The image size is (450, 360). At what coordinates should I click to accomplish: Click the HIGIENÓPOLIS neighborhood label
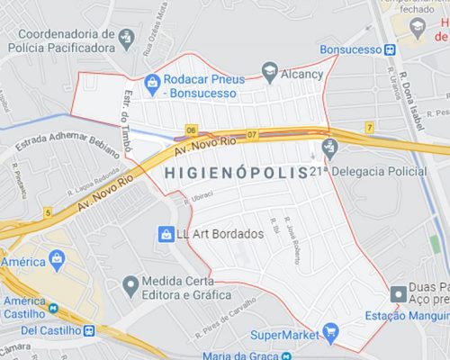237,170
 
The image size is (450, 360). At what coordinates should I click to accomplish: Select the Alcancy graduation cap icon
269,70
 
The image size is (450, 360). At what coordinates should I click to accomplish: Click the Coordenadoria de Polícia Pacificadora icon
127,38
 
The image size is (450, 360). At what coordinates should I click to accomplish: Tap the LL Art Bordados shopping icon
165,234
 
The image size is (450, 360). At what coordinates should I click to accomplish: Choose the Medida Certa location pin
130,285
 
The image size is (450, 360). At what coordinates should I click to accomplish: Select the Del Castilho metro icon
89,330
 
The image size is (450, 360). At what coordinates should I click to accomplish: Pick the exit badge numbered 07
251,134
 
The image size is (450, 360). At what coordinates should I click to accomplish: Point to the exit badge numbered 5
47,212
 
